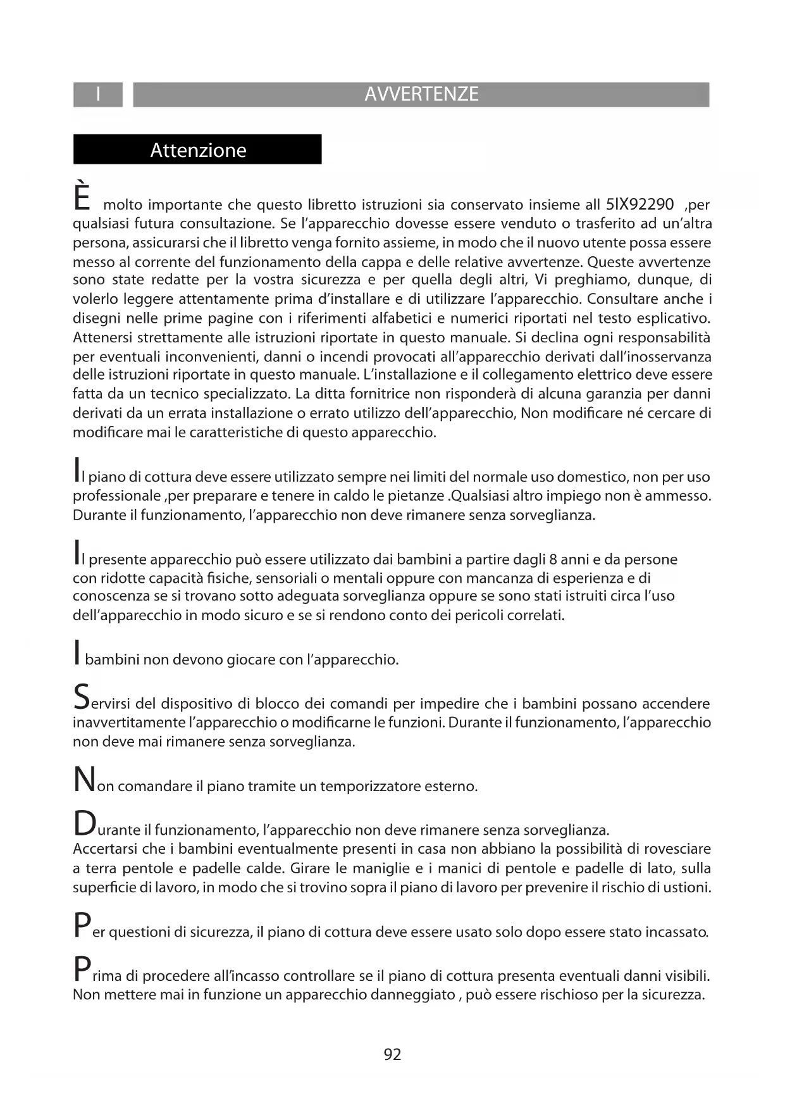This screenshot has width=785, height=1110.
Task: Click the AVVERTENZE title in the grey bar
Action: coord(421,94)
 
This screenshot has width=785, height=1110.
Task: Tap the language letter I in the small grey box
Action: coord(98,94)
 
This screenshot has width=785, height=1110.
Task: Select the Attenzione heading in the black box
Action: coord(198,150)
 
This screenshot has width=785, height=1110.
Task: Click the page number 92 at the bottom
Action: coord(392,1054)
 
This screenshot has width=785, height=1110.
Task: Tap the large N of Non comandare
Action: coord(83,780)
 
